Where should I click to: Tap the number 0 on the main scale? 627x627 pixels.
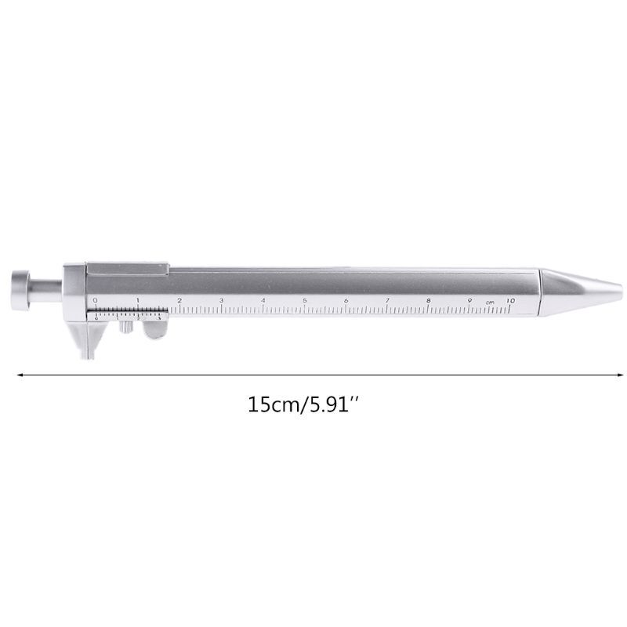click(95, 299)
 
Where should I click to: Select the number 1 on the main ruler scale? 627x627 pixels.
click(137, 299)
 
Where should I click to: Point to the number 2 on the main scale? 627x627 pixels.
click(179, 299)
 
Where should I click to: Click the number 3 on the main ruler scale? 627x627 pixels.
click(221, 299)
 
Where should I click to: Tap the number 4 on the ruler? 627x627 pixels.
click(263, 299)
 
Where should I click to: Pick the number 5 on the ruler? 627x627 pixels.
click(304, 299)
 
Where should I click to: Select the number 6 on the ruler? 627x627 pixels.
click(346, 299)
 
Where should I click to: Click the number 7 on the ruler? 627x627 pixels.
click(387, 299)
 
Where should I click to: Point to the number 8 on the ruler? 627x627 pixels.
click(428, 299)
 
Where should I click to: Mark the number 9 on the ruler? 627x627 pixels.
click(469, 299)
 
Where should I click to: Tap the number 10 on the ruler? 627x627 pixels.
click(510, 299)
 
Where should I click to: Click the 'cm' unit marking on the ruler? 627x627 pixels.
click(489, 302)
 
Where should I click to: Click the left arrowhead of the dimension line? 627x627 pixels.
click(20, 375)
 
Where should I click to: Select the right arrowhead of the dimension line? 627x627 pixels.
click(607, 375)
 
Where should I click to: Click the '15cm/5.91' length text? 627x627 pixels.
click(306, 406)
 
